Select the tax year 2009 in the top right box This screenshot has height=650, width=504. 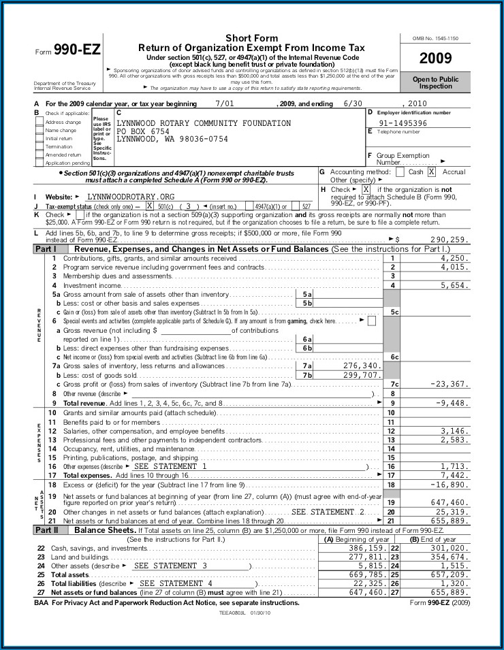[435, 59]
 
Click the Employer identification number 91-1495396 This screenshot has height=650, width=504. [403, 123]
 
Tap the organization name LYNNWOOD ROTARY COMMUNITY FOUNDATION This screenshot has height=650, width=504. [204, 123]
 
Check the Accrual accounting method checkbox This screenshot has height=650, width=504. [432, 172]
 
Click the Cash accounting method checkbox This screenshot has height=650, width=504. [400, 172]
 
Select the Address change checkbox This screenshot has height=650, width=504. [40, 122]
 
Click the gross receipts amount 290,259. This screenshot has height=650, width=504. [450, 240]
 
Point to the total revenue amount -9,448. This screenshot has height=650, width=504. [452, 403]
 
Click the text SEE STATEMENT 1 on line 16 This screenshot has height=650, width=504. [170, 467]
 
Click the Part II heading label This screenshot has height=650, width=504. [46, 530]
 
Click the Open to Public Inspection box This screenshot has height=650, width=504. [435, 83]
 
